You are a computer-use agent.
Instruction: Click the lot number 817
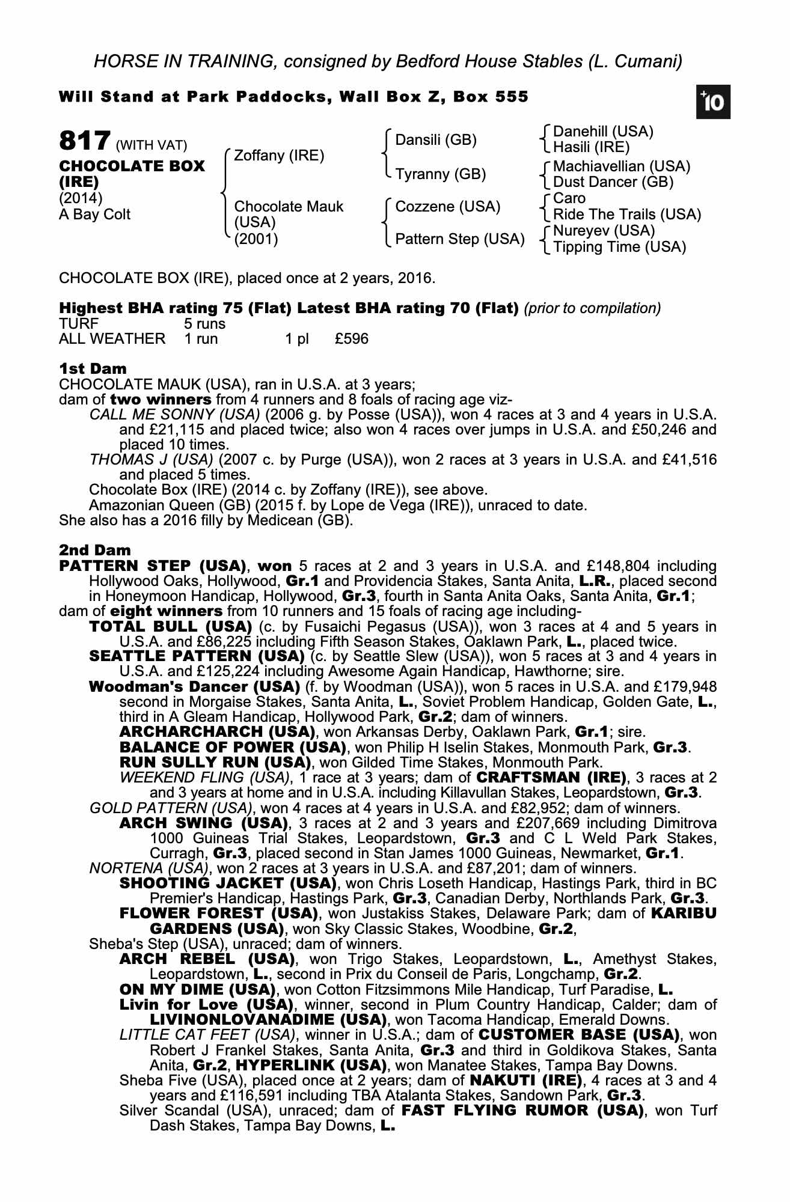84,141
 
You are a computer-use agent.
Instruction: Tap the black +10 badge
713,103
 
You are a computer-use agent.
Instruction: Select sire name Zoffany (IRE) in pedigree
278,156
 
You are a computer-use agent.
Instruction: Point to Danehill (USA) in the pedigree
602,132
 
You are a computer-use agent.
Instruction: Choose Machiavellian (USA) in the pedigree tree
621,166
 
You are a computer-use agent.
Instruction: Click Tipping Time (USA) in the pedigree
619,247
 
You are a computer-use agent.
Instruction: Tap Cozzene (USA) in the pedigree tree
447,207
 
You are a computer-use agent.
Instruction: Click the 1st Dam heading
93,368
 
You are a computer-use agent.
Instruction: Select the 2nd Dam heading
94,550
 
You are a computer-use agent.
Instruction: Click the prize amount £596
352,339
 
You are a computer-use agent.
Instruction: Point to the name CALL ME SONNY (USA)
174,415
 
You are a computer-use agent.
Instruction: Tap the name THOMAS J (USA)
151,460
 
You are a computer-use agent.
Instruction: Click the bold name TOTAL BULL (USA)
170,627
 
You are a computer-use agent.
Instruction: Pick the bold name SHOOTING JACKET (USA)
227,883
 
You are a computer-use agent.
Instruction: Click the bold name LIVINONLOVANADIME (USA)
268,1020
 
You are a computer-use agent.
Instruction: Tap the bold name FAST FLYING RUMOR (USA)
521,1110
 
